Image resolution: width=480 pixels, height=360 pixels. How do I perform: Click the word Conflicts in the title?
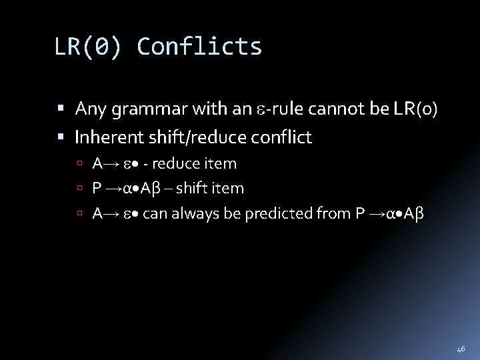click(x=199, y=47)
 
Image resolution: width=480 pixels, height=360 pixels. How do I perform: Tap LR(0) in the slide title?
click(x=88, y=47)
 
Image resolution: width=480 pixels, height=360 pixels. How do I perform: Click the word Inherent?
click(x=103, y=137)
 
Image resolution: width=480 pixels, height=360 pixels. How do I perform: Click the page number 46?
click(x=461, y=348)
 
